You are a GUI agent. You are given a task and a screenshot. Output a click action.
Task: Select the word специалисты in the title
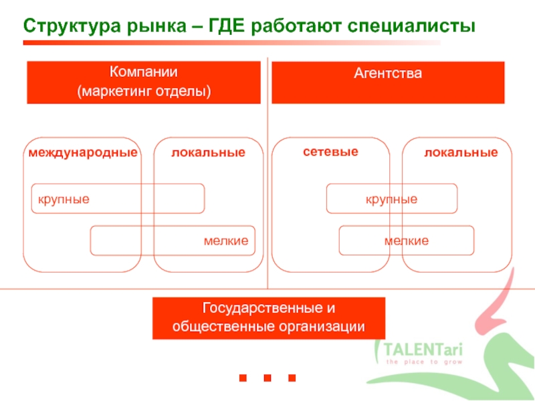(x=411, y=26)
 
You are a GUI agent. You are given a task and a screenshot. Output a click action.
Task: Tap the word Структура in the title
(x=69, y=26)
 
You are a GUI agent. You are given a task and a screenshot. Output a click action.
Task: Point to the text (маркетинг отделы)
(x=144, y=90)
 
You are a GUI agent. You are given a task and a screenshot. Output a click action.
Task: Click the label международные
(x=83, y=153)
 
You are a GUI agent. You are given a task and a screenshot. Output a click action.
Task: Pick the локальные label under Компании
(x=208, y=153)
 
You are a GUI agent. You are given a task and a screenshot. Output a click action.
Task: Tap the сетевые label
(x=330, y=152)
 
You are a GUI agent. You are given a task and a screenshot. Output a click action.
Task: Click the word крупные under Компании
(x=64, y=199)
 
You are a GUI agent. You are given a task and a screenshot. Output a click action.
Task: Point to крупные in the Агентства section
(x=391, y=199)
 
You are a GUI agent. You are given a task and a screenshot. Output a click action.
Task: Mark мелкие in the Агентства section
(x=407, y=241)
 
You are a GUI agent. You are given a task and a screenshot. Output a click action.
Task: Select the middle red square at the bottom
(x=267, y=378)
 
